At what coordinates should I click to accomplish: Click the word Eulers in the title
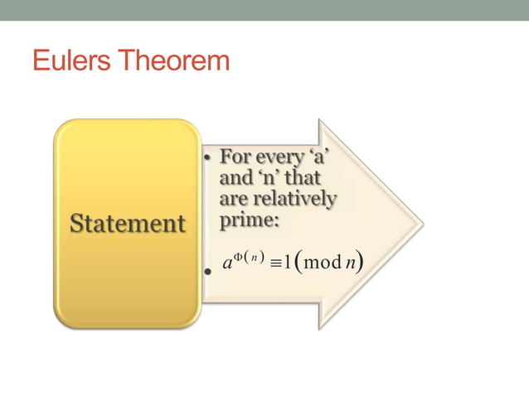click(71, 60)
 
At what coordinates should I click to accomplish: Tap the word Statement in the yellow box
click(127, 224)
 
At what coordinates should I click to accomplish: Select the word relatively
click(299, 199)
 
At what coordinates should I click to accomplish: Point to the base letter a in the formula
click(227, 264)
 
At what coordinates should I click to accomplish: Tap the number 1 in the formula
click(289, 263)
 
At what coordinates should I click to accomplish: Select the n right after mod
click(352, 264)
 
